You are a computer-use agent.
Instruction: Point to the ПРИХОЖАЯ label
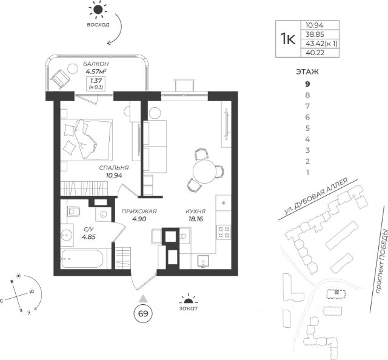(139, 212)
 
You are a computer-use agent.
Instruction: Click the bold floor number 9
(307, 84)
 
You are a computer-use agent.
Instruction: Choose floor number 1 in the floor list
(307, 172)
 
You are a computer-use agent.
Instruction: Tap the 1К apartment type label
(288, 38)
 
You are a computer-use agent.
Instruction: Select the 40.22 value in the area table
(315, 53)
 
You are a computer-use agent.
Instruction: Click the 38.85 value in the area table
(315, 34)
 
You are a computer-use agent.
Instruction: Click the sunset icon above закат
(189, 299)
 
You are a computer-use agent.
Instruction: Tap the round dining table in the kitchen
(203, 168)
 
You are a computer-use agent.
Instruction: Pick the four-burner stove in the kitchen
(223, 232)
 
